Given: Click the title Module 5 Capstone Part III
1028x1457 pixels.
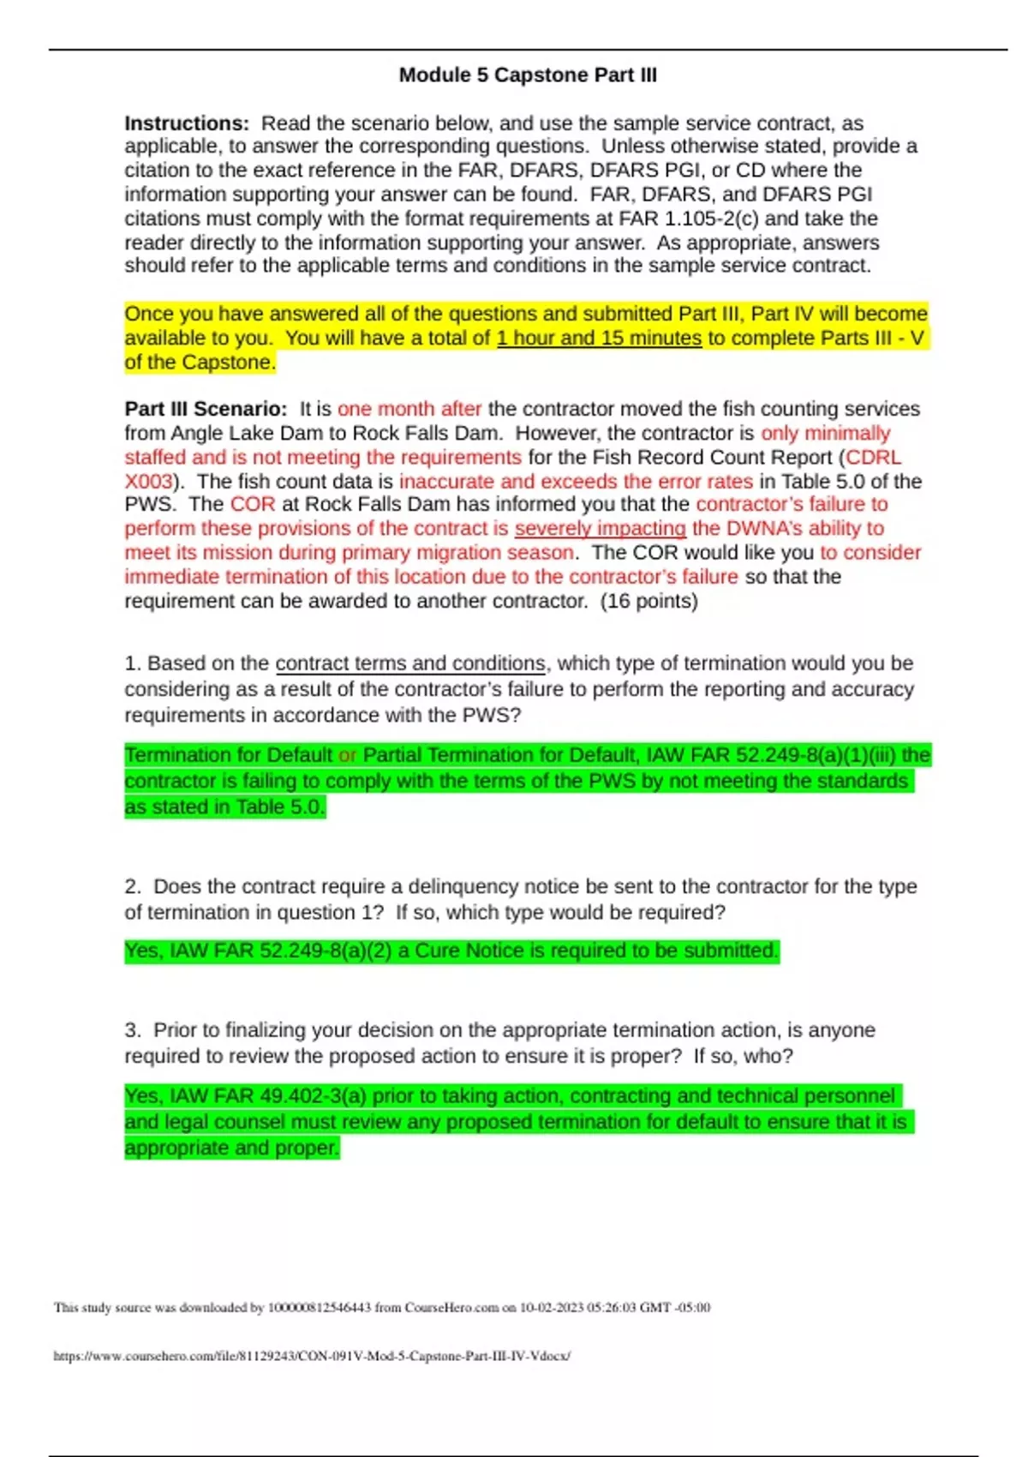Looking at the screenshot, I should tap(528, 75).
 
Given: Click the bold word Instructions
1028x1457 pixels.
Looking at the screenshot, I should tap(186, 123).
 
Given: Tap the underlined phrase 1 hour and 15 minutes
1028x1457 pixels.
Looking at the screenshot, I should tap(599, 339).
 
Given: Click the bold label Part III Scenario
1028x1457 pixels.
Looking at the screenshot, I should tap(205, 409).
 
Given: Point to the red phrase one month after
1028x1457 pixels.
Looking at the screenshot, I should tap(409, 409).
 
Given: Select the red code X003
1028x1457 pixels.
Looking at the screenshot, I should tap(148, 482).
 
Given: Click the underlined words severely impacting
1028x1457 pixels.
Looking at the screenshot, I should tap(600, 529).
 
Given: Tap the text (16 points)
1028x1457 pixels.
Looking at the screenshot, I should tap(649, 602).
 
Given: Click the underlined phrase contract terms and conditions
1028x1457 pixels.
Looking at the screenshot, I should tap(410, 663).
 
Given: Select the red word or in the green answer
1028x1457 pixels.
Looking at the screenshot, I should tap(347, 756).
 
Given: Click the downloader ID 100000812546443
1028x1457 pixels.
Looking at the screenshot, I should tap(320, 1308).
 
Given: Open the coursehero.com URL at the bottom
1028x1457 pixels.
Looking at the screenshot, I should tap(312, 1356).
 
